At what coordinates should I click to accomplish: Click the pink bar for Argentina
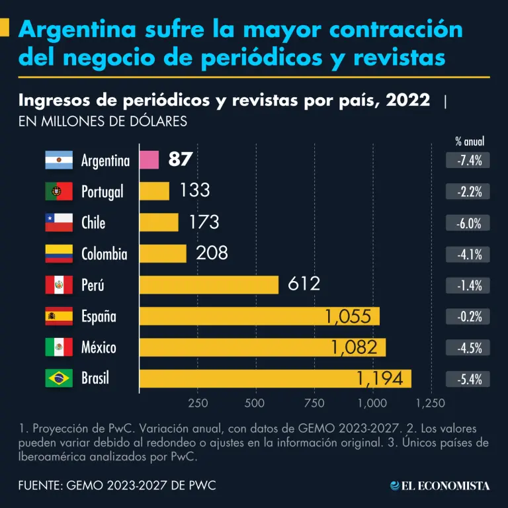pos(149,160)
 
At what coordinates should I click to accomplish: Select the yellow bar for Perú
pos(209,285)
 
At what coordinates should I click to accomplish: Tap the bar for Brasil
pos(275,379)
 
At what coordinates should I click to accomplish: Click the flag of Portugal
pos(58,192)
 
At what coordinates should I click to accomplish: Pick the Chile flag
pos(58,223)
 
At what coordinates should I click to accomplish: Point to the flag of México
pos(58,347)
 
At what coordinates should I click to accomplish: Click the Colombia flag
pos(58,254)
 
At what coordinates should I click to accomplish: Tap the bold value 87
pos(181,159)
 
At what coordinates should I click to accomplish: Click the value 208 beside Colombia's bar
pos(212,253)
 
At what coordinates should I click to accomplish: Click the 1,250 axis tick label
pos(430,402)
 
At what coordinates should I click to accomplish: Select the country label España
pos(99,316)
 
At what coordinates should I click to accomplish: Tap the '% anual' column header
pos(470,142)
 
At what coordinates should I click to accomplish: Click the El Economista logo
pos(440,486)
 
